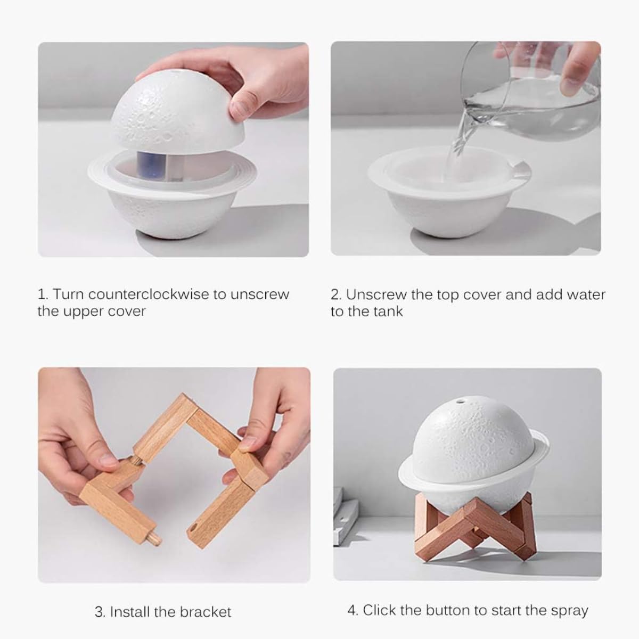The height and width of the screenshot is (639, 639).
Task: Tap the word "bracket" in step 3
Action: point(204,612)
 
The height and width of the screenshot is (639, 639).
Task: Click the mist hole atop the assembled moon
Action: point(458,399)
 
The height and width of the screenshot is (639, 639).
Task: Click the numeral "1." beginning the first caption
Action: point(43,294)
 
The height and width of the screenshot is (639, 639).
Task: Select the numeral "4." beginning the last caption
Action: point(353,610)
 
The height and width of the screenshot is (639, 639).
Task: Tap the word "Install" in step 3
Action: point(130,612)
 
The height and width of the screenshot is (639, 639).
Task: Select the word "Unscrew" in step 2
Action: point(376,294)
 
